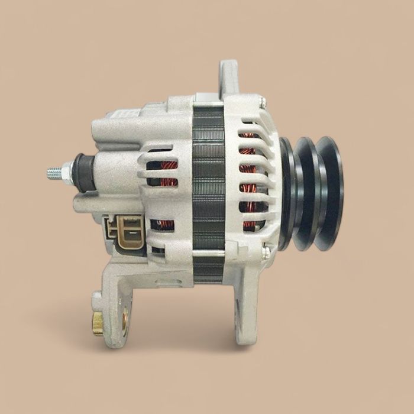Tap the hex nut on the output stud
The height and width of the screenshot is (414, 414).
67,172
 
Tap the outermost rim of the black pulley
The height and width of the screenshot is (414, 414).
329,193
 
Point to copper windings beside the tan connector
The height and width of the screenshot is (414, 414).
164,225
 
